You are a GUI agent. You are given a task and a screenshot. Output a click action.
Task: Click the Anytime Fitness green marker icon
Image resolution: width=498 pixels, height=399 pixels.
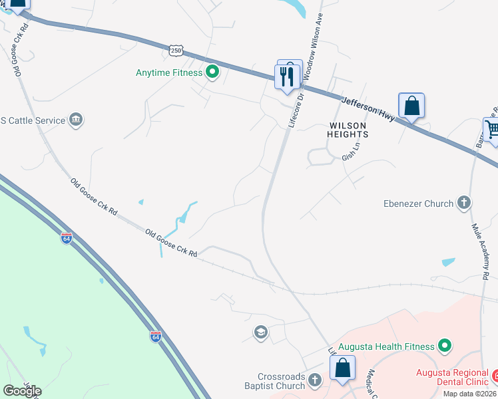[x=212, y=72]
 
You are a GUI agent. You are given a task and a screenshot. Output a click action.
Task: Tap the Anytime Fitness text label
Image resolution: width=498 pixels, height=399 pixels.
[x=168, y=72]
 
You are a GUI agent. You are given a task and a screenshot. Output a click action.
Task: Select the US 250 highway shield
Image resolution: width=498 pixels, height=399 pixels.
[x=176, y=50]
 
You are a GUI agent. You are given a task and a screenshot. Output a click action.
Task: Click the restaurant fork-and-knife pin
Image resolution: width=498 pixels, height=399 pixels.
[x=286, y=76]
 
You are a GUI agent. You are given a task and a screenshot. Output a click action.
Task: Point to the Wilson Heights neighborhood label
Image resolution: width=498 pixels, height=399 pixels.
[x=348, y=130]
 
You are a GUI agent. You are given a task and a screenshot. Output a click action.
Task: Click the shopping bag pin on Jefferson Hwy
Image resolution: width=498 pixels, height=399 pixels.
[x=411, y=106]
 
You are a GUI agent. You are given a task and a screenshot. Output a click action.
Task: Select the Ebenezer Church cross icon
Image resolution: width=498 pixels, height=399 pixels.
[x=465, y=203]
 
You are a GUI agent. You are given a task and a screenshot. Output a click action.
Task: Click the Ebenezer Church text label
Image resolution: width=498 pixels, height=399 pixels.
[x=419, y=203]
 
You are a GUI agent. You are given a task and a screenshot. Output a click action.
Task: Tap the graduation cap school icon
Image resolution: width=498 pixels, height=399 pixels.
[x=260, y=332]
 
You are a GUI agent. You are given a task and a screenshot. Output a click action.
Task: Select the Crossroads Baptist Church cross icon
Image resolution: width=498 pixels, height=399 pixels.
[x=315, y=381]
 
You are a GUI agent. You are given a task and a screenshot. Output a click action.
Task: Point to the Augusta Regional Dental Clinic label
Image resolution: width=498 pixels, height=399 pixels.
[x=453, y=378]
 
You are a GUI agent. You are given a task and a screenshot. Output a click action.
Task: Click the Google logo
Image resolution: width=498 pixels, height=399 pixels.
[x=22, y=390]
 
